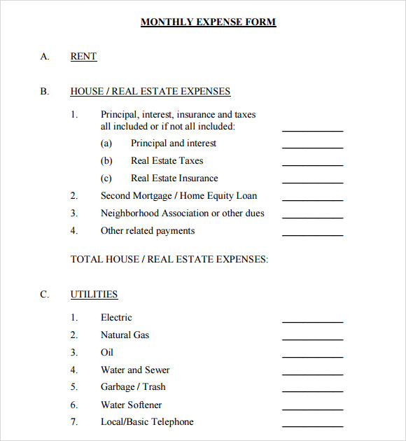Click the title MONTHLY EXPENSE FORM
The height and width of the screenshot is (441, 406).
(x=208, y=22)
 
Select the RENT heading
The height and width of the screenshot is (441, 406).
(x=83, y=57)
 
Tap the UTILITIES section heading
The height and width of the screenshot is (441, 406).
(x=94, y=295)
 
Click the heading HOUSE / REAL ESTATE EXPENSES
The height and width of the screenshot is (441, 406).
(x=150, y=92)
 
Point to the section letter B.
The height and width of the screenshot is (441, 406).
(x=44, y=92)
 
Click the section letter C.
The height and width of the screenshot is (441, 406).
(x=44, y=295)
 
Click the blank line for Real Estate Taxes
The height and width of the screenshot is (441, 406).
(x=312, y=164)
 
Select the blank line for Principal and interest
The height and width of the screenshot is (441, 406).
(x=312, y=147)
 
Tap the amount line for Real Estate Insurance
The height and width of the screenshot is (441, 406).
(x=312, y=182)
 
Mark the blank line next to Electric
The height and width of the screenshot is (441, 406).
(x=312, y=321)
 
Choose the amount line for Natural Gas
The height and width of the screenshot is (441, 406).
(x=312, y=339)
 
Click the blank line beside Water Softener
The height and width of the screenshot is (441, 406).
(x=312, y=409)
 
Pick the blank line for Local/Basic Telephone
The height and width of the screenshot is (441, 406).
(x=312, y=426)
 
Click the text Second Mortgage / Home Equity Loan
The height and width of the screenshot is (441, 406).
(x=178, y=196)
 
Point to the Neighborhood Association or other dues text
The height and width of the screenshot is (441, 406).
(x=182, y=213)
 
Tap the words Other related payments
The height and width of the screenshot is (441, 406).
(x=148, y=231)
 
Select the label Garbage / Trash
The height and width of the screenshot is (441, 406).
(x=133, y=387)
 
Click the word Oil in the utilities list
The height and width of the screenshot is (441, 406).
(x=106, y=353)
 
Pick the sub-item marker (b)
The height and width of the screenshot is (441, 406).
(x=106, y=161)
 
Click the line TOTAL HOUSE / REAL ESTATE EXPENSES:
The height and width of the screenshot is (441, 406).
(x=169, y=260)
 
